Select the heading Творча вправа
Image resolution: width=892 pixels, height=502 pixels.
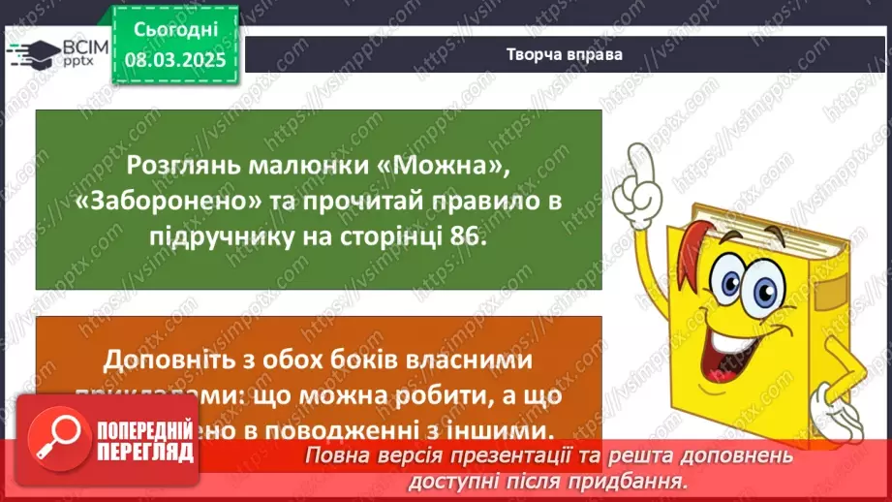pyautogui.click(x=564, y=54)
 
